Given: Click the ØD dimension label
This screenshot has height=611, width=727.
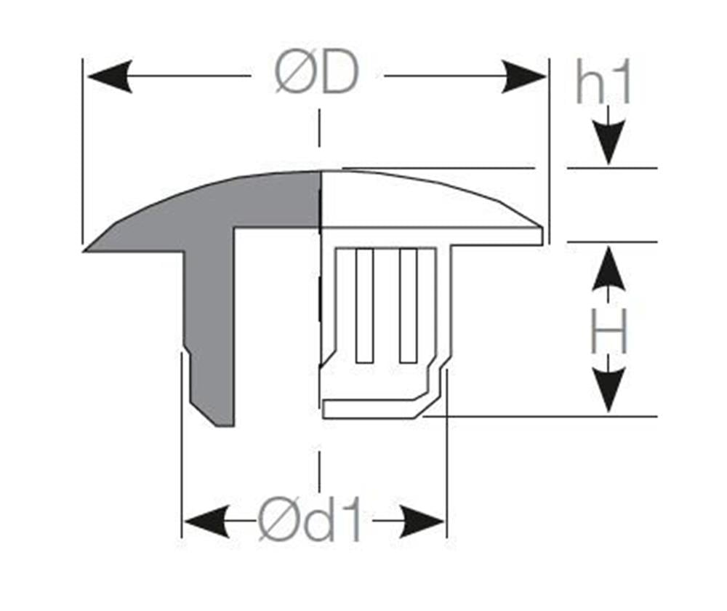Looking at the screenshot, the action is point(317,73).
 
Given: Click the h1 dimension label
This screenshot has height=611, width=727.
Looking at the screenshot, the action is point(603,83).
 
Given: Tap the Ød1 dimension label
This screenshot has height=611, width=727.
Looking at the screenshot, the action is point(309,520).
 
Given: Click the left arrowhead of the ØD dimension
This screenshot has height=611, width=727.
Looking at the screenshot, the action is point(110,76).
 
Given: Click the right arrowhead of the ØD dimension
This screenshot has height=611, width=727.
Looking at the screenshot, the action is point(524,76).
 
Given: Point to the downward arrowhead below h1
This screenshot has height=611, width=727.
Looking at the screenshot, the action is point(608,143).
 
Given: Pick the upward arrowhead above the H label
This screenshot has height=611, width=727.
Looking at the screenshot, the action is point(608,268).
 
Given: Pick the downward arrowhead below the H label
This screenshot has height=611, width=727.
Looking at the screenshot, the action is point(608,390).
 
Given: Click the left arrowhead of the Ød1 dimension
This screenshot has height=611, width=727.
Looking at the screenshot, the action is point(206,522).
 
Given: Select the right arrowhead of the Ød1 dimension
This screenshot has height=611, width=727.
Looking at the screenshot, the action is point(422,522).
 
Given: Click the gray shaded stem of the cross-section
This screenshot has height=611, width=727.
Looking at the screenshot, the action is point(211,324).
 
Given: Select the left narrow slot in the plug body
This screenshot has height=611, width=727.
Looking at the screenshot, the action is point(364,305).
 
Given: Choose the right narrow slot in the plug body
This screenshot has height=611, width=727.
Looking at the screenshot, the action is point(408,305).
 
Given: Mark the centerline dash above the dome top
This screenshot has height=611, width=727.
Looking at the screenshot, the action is point(319,128).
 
